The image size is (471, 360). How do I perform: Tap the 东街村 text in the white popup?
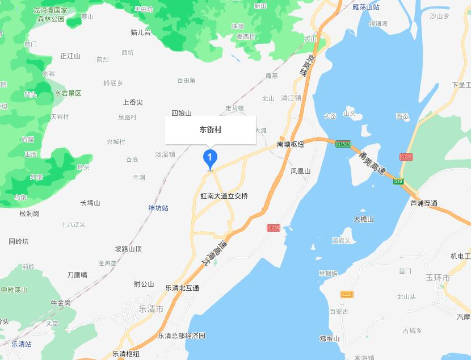pos(211,130)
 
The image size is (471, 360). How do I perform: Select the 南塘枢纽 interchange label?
pos(291,145)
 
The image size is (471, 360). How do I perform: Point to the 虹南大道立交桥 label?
pos(224,196)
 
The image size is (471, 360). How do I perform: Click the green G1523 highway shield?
pos(342,144)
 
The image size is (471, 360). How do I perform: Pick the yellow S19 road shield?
pos(399,182)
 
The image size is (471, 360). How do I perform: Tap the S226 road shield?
pos(347,294)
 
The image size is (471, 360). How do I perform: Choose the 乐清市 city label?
pos(151,309)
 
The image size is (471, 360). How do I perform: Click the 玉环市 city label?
pos(438,278)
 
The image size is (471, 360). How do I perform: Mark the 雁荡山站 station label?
pos(366,7)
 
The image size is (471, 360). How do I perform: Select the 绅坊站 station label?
pos(158,208)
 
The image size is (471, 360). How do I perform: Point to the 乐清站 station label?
pos(22,344)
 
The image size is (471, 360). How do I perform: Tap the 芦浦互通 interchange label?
pos(424,203)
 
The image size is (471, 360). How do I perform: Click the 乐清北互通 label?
pos(182,288)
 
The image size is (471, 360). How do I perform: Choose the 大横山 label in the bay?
pos(364,219)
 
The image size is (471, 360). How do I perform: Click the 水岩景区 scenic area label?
pos(68,93)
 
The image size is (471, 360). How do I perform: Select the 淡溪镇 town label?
pos(165,154)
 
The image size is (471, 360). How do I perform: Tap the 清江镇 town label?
pos(291,98)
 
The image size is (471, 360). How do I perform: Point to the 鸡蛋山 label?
pos(329,339)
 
